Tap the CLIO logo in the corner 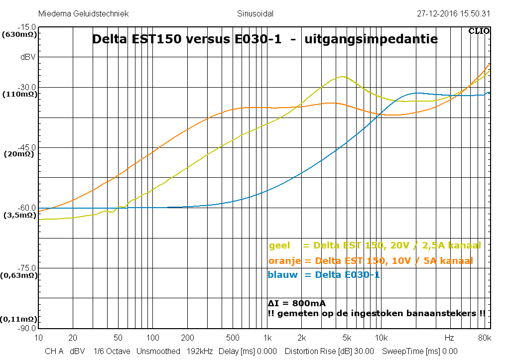click(479, 31)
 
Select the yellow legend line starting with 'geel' click(375, 245)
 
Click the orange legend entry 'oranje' click(370, 261)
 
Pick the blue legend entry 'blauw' click(323, 275)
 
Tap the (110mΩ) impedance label click(19, 94)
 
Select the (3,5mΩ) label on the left click(19, 215)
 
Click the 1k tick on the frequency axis click(267, 338)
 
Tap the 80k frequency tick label click(484, 338)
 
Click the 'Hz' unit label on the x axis click(449, 338)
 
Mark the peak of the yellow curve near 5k click(343, 77)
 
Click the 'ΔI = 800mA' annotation click(297, 303)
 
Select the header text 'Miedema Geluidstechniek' click(83, 14)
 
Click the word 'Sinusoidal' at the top click(255, 14)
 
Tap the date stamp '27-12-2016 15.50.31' click(453, 14)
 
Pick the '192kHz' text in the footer click(199, 352)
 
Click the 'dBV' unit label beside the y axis click(28, 57)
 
